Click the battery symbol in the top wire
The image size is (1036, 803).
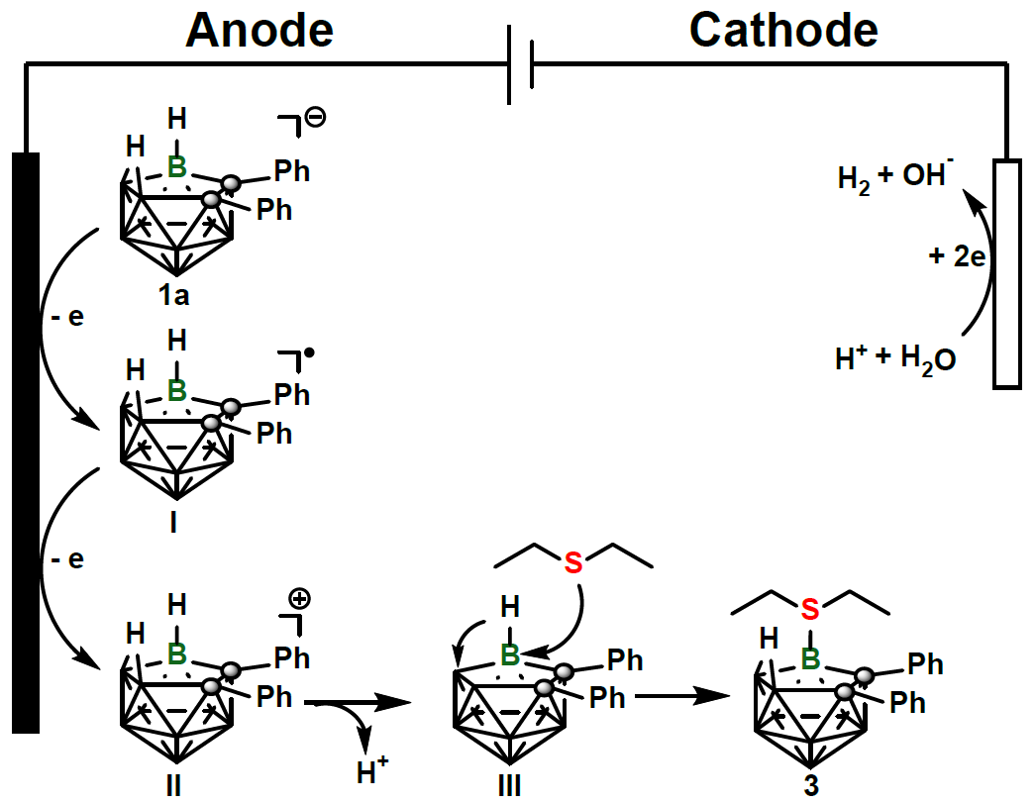[521, 66]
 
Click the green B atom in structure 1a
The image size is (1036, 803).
[176, 167]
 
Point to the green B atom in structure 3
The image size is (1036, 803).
[810, 655]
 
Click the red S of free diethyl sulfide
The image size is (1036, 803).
[572, 563]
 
